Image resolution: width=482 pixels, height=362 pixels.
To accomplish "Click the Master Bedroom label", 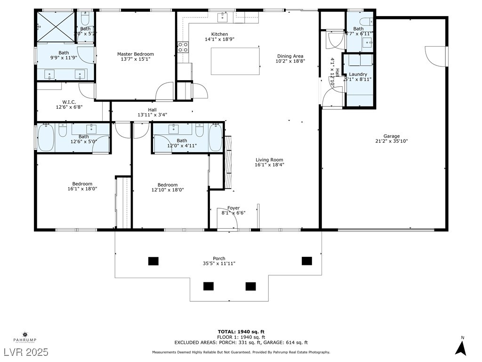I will click(136, 54).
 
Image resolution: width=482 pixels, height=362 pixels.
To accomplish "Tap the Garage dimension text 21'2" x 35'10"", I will click(385, 141).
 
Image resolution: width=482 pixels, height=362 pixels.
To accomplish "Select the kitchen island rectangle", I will click(235, 61).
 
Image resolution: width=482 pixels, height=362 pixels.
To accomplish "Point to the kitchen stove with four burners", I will click(183, 47).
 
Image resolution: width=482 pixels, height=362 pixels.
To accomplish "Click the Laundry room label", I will click(358, 74).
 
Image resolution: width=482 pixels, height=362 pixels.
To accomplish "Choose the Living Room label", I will click(269, 160).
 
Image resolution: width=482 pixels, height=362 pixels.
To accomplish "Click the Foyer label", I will click(233, 208).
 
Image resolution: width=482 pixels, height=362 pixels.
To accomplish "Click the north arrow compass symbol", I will click(461, 347).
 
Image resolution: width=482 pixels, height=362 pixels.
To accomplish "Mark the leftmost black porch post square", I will click(153, 261).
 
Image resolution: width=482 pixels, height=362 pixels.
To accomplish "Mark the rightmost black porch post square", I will click(307, 261).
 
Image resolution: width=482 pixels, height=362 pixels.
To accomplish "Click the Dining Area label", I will click(290, 56).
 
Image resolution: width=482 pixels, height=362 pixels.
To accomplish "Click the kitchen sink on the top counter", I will click(222, 17).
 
